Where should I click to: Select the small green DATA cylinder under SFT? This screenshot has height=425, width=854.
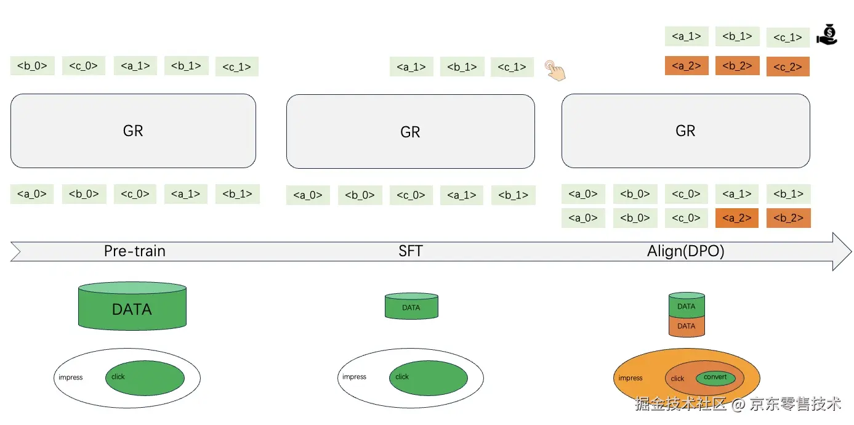(x=411, y=307)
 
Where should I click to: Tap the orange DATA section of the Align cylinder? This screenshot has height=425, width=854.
(x=686, y=326)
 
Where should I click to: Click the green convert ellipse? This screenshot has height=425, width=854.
(x=715, y=378)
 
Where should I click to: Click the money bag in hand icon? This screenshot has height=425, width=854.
(x=827, y=34)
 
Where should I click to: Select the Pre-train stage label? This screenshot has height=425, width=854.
(x=134, y=251)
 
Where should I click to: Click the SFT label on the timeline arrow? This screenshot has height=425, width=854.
(x=411, y=251)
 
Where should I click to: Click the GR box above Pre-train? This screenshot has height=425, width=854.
(x=133, y=131)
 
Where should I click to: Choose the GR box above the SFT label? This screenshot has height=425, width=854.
(x=410, y=131)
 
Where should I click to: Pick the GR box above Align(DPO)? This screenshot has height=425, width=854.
(x=685, y=131)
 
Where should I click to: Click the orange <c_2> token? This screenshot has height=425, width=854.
(x=788, y=67)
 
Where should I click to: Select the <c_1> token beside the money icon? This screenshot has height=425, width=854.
(x=788, y=38)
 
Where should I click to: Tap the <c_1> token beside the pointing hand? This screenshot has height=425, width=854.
(x=512, y=67)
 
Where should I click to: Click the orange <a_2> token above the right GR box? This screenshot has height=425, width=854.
(x=687, y=66)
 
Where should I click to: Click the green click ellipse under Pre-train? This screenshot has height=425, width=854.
(x=145, y=378)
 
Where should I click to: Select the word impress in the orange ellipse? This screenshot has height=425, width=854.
(x=630, y=378)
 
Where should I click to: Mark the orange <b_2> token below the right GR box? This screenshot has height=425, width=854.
(x=788, y=218)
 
